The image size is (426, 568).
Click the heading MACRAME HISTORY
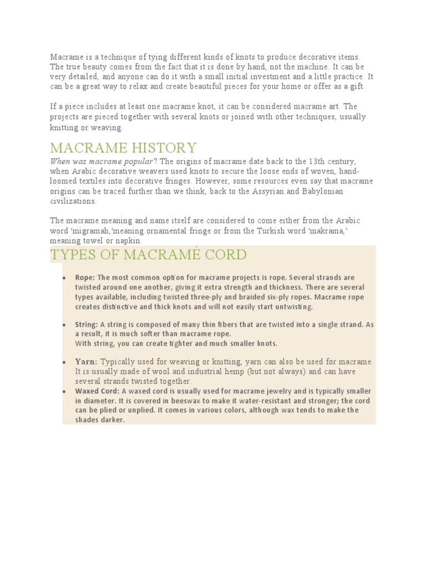tap(123, 148)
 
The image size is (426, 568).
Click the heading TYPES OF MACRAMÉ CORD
tap(148, 255)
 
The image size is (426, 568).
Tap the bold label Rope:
tap(85, 277)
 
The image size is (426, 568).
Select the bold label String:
tap(87, 324)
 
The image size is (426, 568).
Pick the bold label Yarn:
tap(87, 362)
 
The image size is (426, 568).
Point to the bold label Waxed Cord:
tap(97, 391)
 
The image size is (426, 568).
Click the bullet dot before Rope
tap(65, 278)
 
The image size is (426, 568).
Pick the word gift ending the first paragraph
tap(357, 87)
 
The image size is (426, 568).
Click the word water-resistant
tap(261, 401)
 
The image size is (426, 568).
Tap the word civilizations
tap(73, 201)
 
